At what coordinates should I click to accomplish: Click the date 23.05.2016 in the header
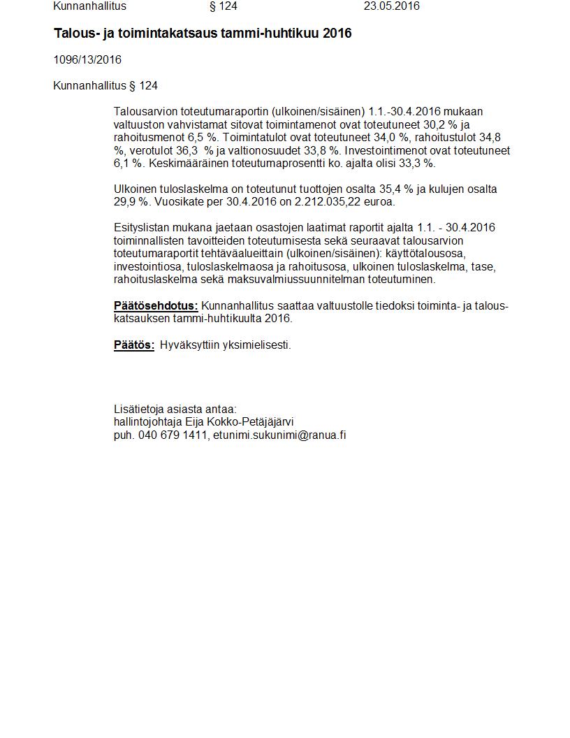[391, 6]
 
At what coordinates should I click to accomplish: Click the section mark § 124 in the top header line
[224, 6]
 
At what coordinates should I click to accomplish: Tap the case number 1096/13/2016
[87, 60]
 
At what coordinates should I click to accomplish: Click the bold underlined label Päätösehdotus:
[156, 306]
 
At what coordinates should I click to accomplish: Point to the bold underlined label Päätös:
[134, 345]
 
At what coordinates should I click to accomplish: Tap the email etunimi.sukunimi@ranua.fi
[279, 435]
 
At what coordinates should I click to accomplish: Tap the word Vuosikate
[178, 202]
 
